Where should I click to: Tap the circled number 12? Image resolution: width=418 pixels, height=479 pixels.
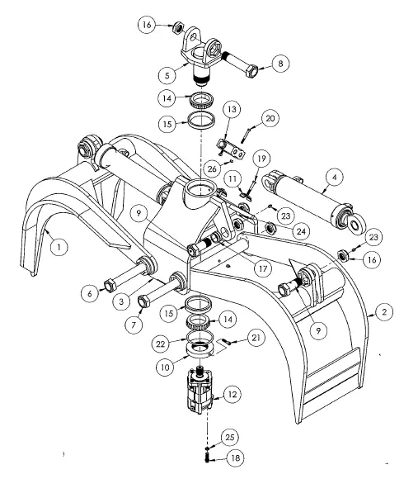pyautogui.click(x=233, y=395)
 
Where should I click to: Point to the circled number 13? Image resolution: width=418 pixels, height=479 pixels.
pyautogui.click(x=231, y=109)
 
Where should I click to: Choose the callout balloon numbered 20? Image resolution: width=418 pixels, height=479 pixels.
pyautogui.click(x=270, y=118)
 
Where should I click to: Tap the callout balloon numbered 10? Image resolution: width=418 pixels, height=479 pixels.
pyautogui.click(x=167, y=364)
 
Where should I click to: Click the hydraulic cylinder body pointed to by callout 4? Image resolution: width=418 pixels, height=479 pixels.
pyautogui.click(x=305, y=198)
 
